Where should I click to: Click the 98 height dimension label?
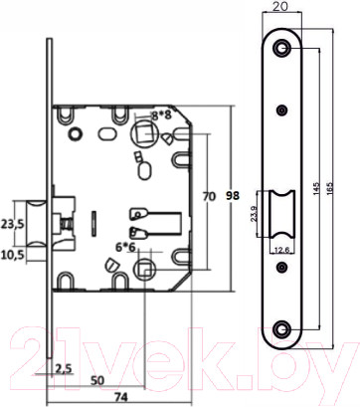[x=233, y=196]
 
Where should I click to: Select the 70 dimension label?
[x=209, y=196]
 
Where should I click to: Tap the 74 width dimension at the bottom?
[x=120, y=396]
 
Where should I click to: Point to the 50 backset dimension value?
[x=97, y=380]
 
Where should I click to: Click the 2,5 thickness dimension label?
[x=64, y=369]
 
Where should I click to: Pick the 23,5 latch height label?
[x=12, y=224]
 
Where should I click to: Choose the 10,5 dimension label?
[x=12, y=256]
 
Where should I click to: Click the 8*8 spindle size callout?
[x=161, y=115]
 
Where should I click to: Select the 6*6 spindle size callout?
[x=125, y=247]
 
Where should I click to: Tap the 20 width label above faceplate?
[x=281, y=7]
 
